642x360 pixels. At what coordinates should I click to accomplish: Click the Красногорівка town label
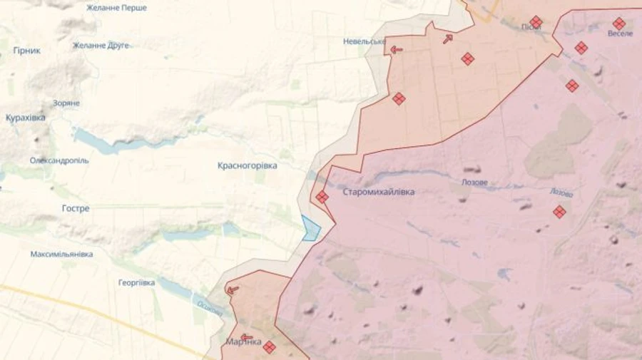point(247,165)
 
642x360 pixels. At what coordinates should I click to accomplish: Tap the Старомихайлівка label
point(378,192)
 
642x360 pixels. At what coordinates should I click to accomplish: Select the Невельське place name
point(363,41)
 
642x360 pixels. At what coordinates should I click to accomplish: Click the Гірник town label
point(27,51)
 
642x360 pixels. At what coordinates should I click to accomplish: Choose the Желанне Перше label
point(116,8)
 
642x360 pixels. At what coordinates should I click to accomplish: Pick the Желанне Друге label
point(101,46)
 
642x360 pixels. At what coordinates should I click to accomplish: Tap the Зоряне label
point(66,103)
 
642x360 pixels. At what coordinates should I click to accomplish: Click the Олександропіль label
point(59,161)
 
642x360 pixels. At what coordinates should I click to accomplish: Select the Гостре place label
point(76,209)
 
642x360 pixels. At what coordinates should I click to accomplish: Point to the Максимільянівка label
point(61,254)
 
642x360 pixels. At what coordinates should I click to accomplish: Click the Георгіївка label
point(137,283)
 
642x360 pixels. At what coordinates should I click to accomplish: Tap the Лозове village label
point(474,182)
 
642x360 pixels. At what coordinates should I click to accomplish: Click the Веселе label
point(620,34)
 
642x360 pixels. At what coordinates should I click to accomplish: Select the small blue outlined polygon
point(311,229)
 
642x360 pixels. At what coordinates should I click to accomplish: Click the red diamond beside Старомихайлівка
point(322,197)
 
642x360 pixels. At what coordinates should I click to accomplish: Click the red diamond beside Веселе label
point(618,23)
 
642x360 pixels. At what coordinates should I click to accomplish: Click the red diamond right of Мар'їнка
point(269,347)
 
